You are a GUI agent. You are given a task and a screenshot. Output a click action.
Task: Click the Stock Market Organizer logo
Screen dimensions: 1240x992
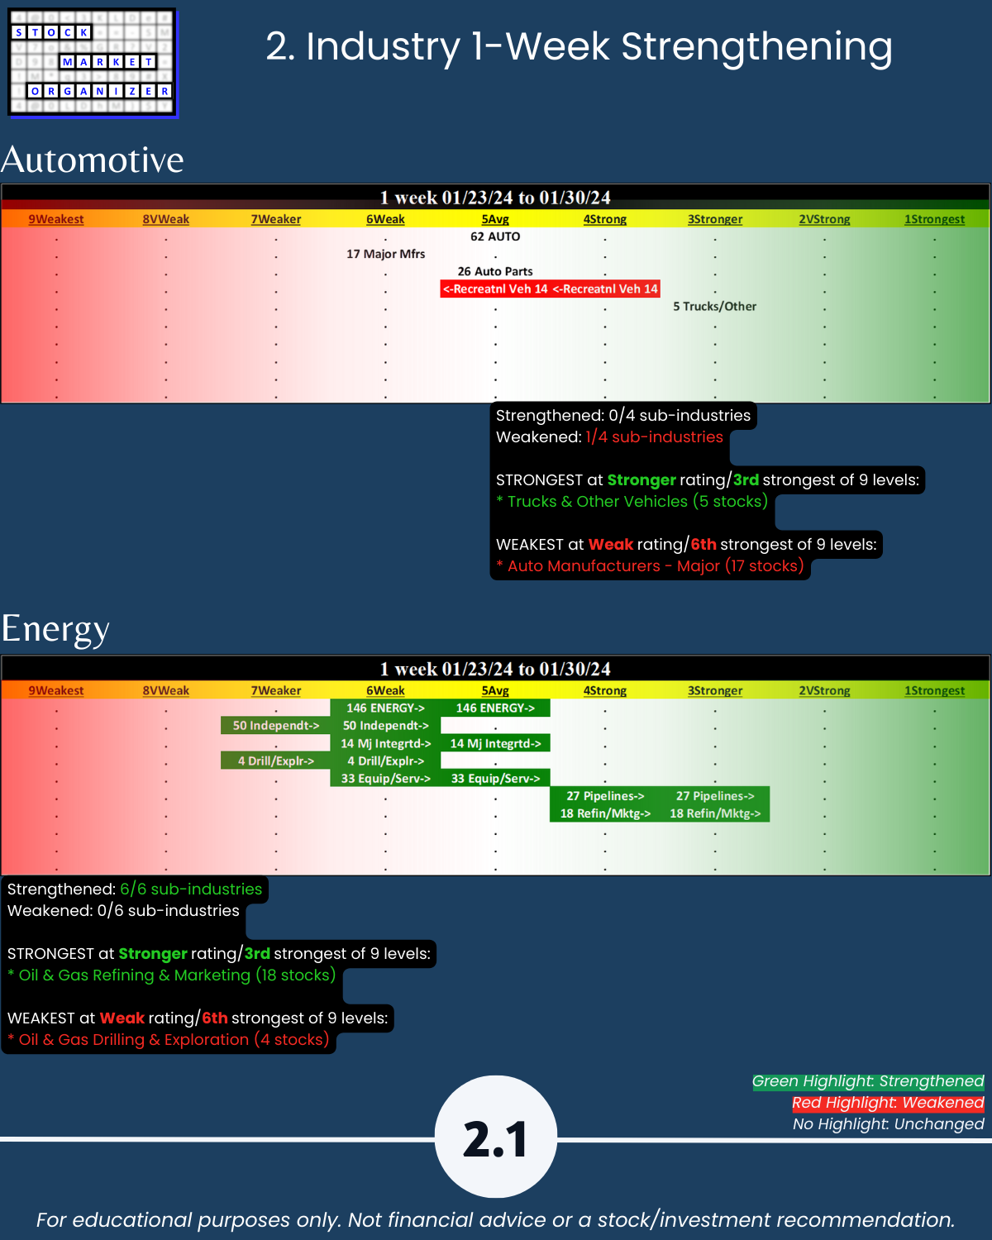[93, 63]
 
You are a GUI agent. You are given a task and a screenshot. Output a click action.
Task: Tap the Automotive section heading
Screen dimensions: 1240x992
[93, 160]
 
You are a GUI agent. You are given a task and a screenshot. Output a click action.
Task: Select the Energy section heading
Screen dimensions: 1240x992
[55, 628]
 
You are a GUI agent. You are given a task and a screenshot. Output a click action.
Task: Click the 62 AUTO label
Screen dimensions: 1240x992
[495, 236]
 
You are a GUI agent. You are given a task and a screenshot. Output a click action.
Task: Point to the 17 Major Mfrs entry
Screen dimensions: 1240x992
[385, 254]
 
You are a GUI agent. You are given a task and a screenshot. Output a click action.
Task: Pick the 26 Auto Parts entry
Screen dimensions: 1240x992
[495, 271]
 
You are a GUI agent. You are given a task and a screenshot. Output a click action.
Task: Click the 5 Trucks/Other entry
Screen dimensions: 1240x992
[714, 306]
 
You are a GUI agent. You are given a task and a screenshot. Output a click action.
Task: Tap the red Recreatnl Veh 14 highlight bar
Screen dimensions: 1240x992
[550, 289]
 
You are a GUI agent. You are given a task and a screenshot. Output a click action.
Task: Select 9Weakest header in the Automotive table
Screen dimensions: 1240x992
[56, 219]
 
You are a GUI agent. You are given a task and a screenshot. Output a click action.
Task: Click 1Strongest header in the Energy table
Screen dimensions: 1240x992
[934, 690]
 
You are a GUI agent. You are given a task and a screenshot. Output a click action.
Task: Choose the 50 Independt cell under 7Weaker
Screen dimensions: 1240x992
[275, 726]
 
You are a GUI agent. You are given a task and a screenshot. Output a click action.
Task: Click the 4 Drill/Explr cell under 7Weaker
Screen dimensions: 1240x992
[275, 761]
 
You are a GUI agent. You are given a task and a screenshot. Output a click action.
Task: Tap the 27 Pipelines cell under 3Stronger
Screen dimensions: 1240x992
[715, 796]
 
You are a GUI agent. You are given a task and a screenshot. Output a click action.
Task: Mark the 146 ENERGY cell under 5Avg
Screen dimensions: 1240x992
[495, 708]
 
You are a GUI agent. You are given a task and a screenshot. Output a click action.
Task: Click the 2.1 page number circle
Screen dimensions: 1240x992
[496, 1137]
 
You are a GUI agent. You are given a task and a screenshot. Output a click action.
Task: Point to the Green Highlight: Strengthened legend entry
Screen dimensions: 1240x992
[867, 1081]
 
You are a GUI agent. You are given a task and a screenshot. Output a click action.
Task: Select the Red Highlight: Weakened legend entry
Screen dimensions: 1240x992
[887, 1103]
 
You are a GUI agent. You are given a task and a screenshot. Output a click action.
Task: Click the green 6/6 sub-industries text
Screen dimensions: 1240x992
[191, 889]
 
